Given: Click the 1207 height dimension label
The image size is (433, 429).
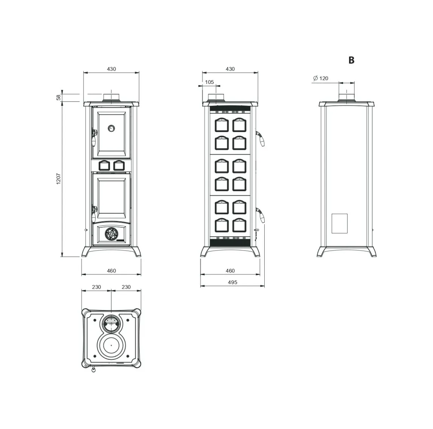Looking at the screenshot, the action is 58,179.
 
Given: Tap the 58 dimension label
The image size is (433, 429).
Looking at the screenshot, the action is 58,97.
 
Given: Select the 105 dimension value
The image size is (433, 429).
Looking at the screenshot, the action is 209,82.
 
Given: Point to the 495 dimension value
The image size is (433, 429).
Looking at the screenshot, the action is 233,282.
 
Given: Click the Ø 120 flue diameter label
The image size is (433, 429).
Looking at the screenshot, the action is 320,78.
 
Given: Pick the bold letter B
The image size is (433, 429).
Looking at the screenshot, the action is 351,60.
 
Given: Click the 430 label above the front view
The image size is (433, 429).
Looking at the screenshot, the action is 111,69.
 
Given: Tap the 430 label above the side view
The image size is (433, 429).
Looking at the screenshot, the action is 230,69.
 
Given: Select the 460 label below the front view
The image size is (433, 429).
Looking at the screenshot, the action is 111,271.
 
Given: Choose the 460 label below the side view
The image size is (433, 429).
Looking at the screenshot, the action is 230,271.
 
